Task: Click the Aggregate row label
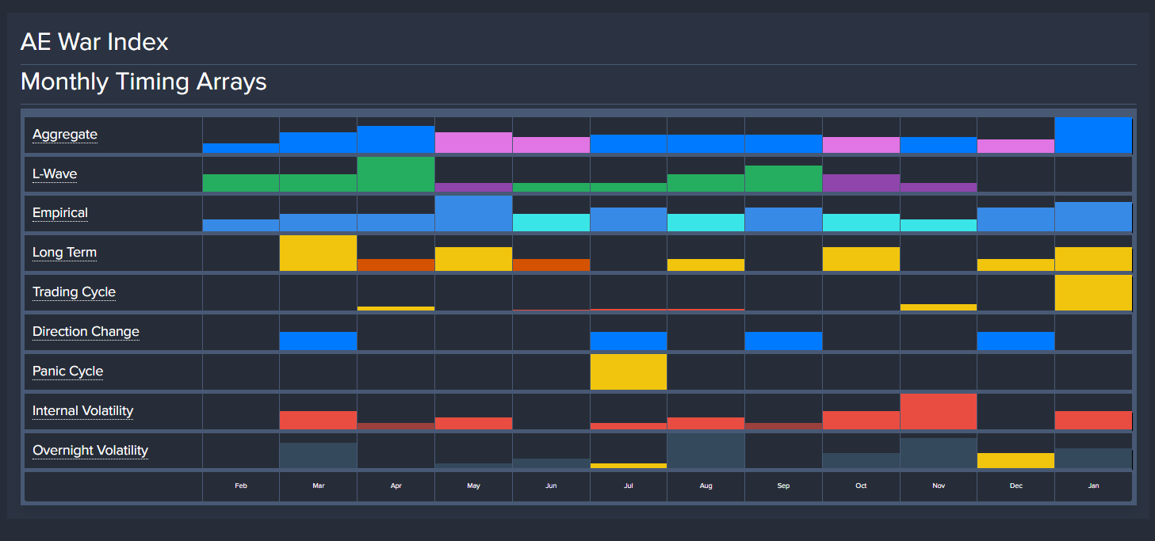(x=65, y=135)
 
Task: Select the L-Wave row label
(x=55, y=174)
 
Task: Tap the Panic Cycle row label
(x=67, y=371)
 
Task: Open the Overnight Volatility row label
(x=90, y=451)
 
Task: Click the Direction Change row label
(x=86, y=332)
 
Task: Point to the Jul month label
(x=629, y=486)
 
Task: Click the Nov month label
(x=939, y=486)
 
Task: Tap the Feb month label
(x=241, y=486)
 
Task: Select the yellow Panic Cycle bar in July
(x=629, y=372)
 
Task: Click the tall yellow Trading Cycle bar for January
(x=1093, y=293)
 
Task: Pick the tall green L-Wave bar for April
(x=396, y=174)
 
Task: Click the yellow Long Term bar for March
(x=318, y=253)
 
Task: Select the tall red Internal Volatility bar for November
(x=939, y=412)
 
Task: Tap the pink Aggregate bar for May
(x=473, y=143)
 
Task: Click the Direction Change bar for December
(x=1015, y=341)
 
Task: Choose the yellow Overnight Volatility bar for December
(x=1015, y=460)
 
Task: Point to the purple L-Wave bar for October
(x=861, y=183)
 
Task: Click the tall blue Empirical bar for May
(x=473, y=214)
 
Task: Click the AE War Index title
(x=94, y=42)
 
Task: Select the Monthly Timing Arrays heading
(x=143, y=82)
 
